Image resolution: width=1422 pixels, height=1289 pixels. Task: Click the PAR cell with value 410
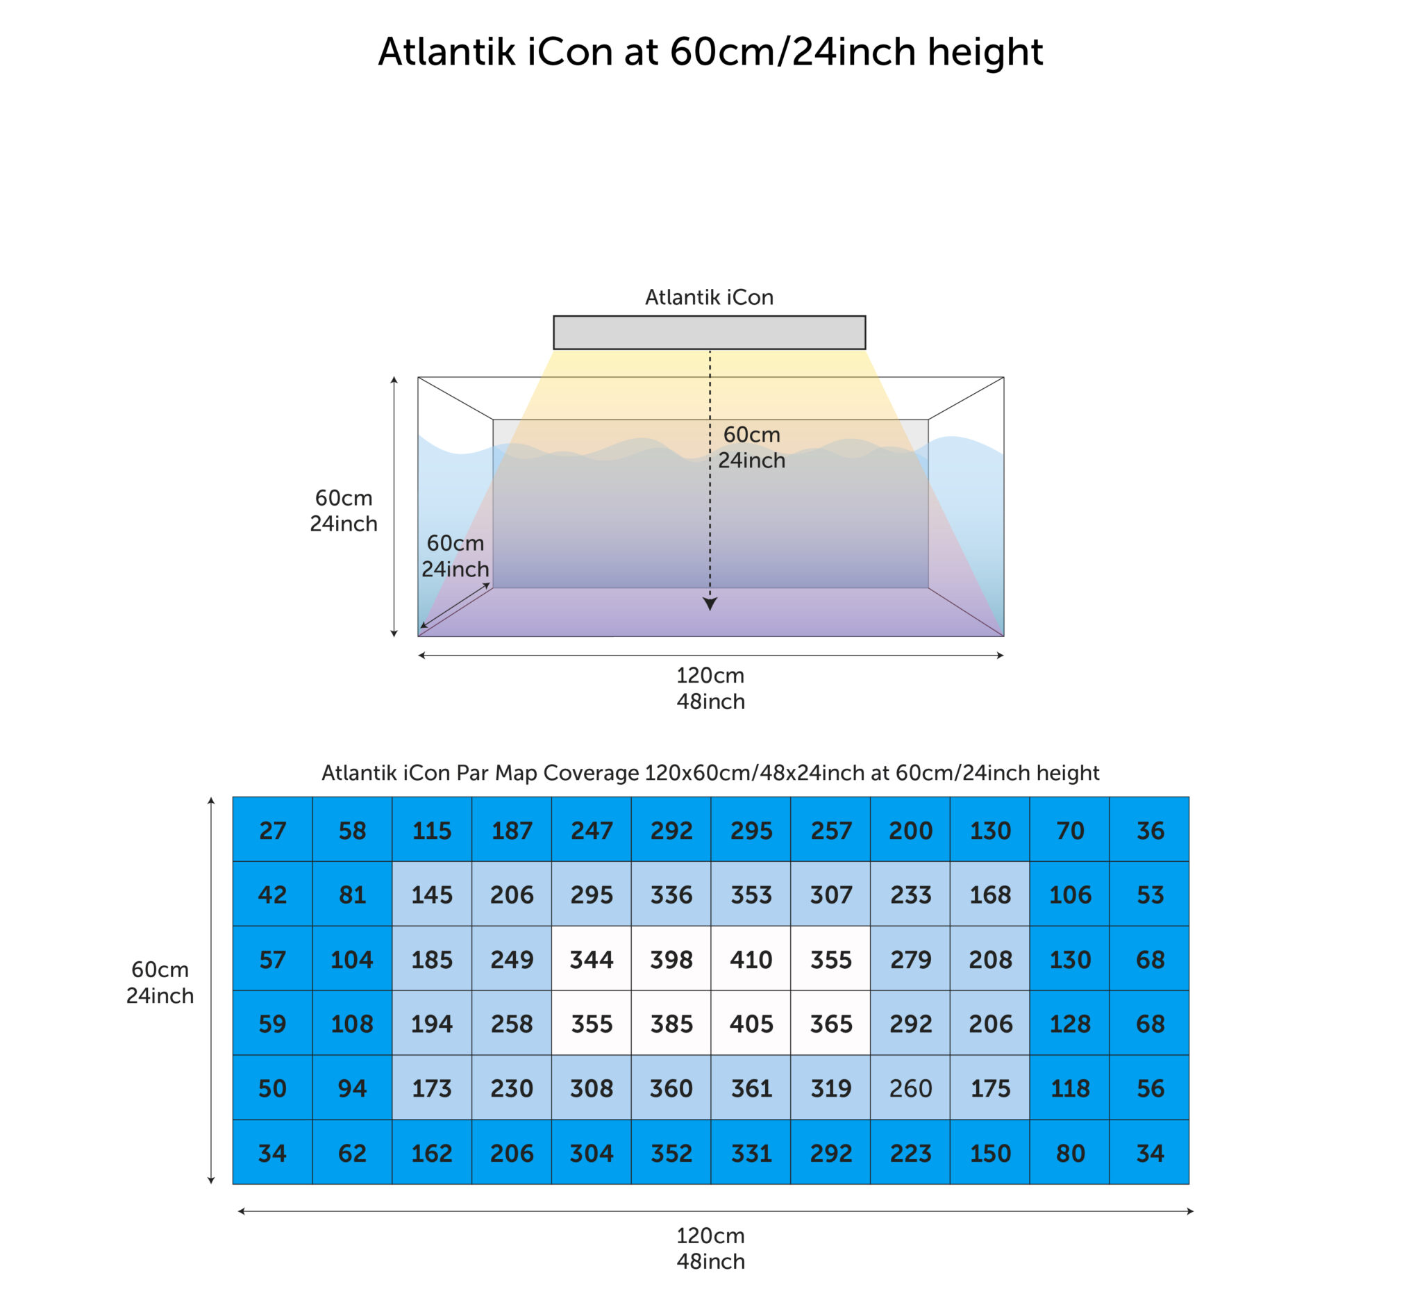click(751, 958)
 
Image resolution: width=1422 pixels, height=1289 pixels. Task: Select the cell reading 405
click(751, 1022)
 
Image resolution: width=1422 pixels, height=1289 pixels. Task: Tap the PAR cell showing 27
click(272, 829)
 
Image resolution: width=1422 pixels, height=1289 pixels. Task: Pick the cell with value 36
click(1149, 829)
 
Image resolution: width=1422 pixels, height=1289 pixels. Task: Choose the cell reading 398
click(671, 958)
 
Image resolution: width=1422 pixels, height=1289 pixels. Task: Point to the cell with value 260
click(910, 1087)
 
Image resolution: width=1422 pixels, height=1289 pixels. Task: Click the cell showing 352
click(671, 1152)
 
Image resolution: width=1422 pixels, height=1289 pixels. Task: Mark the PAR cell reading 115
click(432, 829)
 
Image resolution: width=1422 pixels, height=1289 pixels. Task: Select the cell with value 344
click(591, 958)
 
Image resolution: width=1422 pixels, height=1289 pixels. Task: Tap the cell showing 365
click(830, 1022)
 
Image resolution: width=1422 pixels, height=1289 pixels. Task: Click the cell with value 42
click(272, 894)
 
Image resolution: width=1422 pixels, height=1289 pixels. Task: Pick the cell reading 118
click(1069, 1087)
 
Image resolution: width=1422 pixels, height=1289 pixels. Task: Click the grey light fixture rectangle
click(709, 332)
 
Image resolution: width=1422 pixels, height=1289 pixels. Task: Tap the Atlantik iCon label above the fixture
click(709, 297)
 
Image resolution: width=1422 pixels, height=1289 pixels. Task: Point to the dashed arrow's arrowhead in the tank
click(710, 604)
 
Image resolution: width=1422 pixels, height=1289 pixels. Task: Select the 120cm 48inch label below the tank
click(710, 688)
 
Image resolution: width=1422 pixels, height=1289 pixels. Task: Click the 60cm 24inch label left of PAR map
click(160, 982)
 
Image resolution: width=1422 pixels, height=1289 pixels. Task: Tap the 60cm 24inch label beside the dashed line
click(751, 447)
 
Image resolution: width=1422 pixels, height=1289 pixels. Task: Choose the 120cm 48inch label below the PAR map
click(710, 1248)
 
